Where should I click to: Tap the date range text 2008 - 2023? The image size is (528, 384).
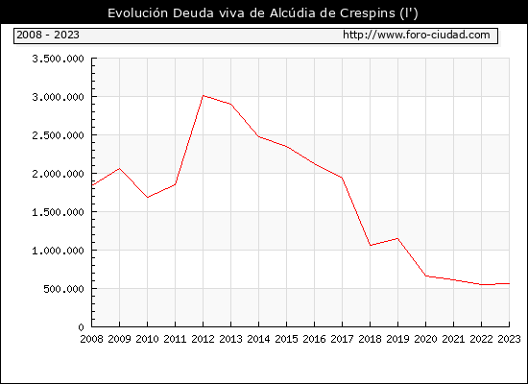(x=48, y=35)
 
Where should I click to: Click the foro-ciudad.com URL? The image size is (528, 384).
(x=417, y=35)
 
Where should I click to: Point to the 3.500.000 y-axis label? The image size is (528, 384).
(x=58, y=59)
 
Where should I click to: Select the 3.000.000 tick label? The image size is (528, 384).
(x=58, y=97)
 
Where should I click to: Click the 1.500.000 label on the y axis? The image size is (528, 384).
(x=58, y=212)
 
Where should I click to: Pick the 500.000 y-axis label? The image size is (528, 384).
(x=63, y=289)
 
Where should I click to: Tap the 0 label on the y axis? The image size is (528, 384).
(x=81, y=327)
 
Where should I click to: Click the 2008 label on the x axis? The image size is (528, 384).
(x=91, y=339)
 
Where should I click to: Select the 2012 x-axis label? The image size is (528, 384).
(x=204, y=339)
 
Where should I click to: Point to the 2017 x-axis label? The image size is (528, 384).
(x=342, y=339)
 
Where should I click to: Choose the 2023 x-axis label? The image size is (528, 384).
(x=509, y=339)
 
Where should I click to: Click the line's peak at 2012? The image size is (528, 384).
(x=204, y=96)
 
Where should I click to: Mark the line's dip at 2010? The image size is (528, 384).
(x=148, y=198)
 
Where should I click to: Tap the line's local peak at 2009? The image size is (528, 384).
(x=120, y=168)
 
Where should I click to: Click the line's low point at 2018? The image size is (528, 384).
(x=370, y=245)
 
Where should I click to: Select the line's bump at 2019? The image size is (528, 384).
(x=398, y=238)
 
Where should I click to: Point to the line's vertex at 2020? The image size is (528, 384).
(x=426, y=276)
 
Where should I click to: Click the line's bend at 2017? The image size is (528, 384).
(x=342, y=178)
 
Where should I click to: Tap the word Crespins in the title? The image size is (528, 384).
(x=368, y=13)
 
